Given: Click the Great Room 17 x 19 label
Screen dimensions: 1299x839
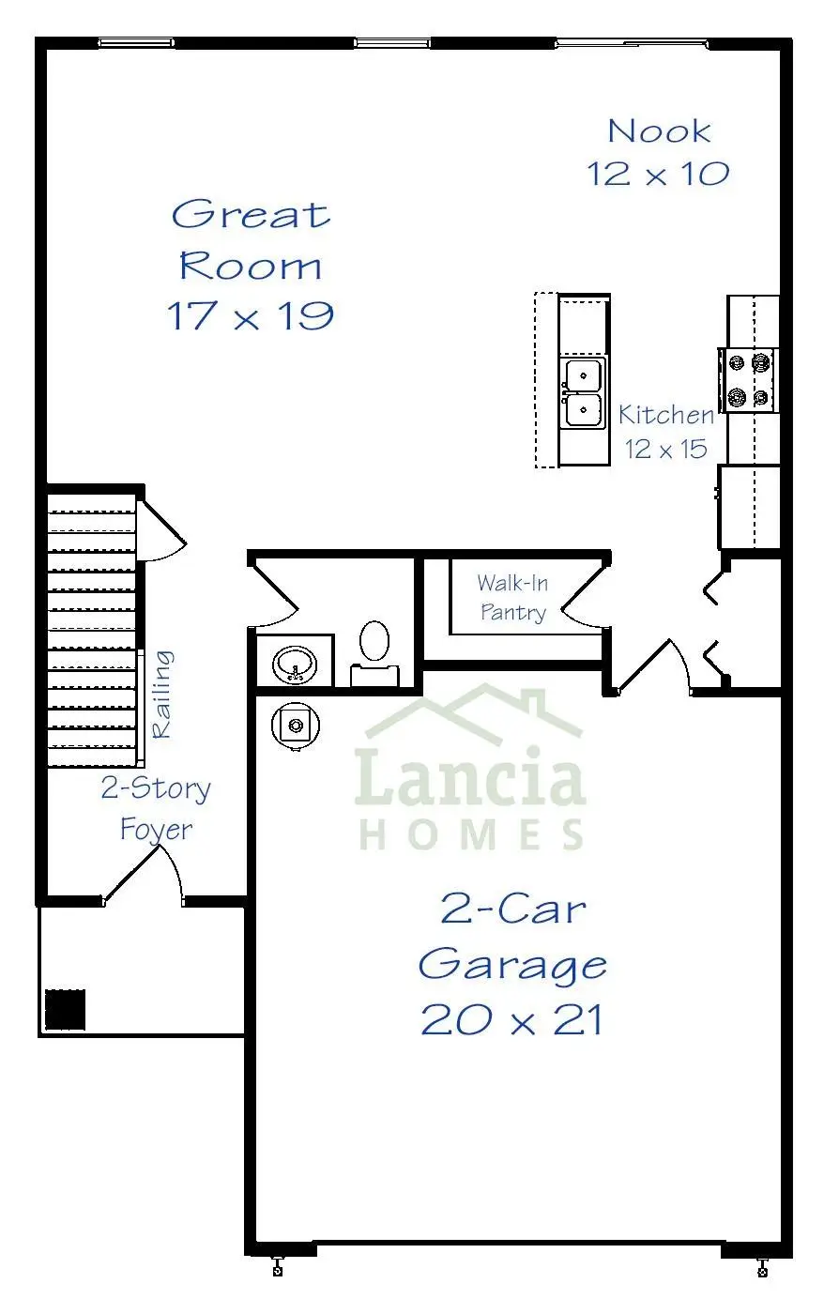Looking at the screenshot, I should coord(251,266).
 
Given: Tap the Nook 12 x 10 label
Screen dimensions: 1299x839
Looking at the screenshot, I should coord(658,152).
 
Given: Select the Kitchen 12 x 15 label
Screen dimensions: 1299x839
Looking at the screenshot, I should coord(666,431).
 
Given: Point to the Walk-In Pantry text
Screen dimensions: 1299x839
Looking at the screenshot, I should coord(511,598).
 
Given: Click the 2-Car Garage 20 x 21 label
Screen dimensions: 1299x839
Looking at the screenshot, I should coord(512,964).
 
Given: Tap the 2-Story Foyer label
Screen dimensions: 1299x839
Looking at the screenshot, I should coord(156,808).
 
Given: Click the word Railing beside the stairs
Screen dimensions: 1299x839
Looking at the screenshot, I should coord(162,694).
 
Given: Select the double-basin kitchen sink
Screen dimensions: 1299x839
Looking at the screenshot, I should coord(583,392).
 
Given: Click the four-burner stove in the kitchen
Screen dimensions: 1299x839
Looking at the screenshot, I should coord(749,380).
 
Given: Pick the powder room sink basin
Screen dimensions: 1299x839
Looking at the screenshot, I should coord(294,664).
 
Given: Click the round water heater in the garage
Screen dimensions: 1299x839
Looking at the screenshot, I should coord(296,726).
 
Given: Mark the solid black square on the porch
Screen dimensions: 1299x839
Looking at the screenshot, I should coord(65,1010).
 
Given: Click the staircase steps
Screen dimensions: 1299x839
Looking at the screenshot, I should coord(92,627).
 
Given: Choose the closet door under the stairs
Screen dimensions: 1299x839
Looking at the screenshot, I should coord(160,530).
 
